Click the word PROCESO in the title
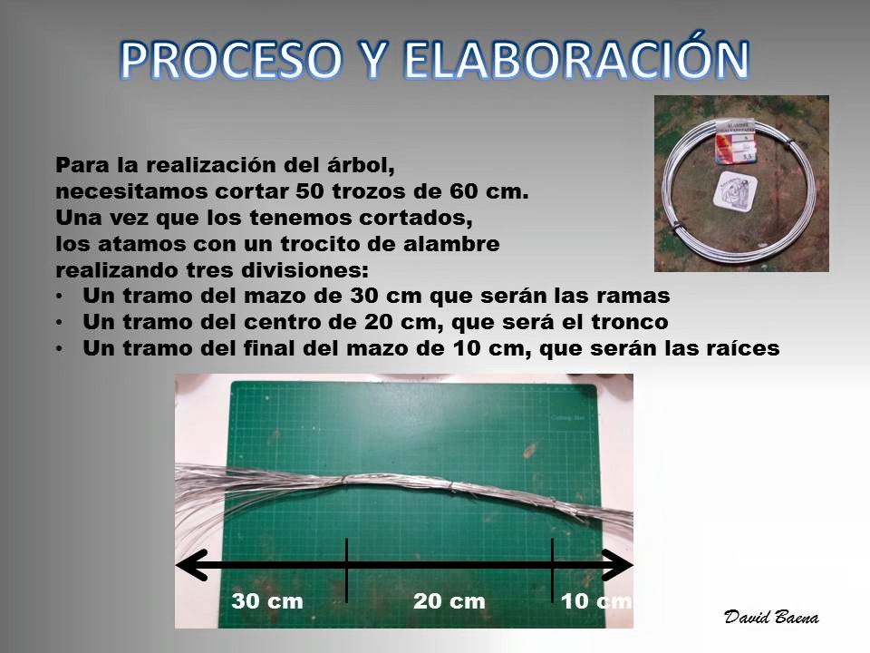click(x=230, y=60)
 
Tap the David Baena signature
click(x=771, y=617)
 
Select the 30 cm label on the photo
click(x=267, y=600)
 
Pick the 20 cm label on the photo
click(x=449, y=600)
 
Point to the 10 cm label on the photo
click(x=596, y=600)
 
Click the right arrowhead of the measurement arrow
click(x=617, y=565)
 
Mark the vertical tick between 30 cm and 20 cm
click(x=346, y=570)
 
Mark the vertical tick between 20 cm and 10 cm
click(x=552, y=570)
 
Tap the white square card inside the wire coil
click(x=735, y=191)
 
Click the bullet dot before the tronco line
click(x=60, y=323)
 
